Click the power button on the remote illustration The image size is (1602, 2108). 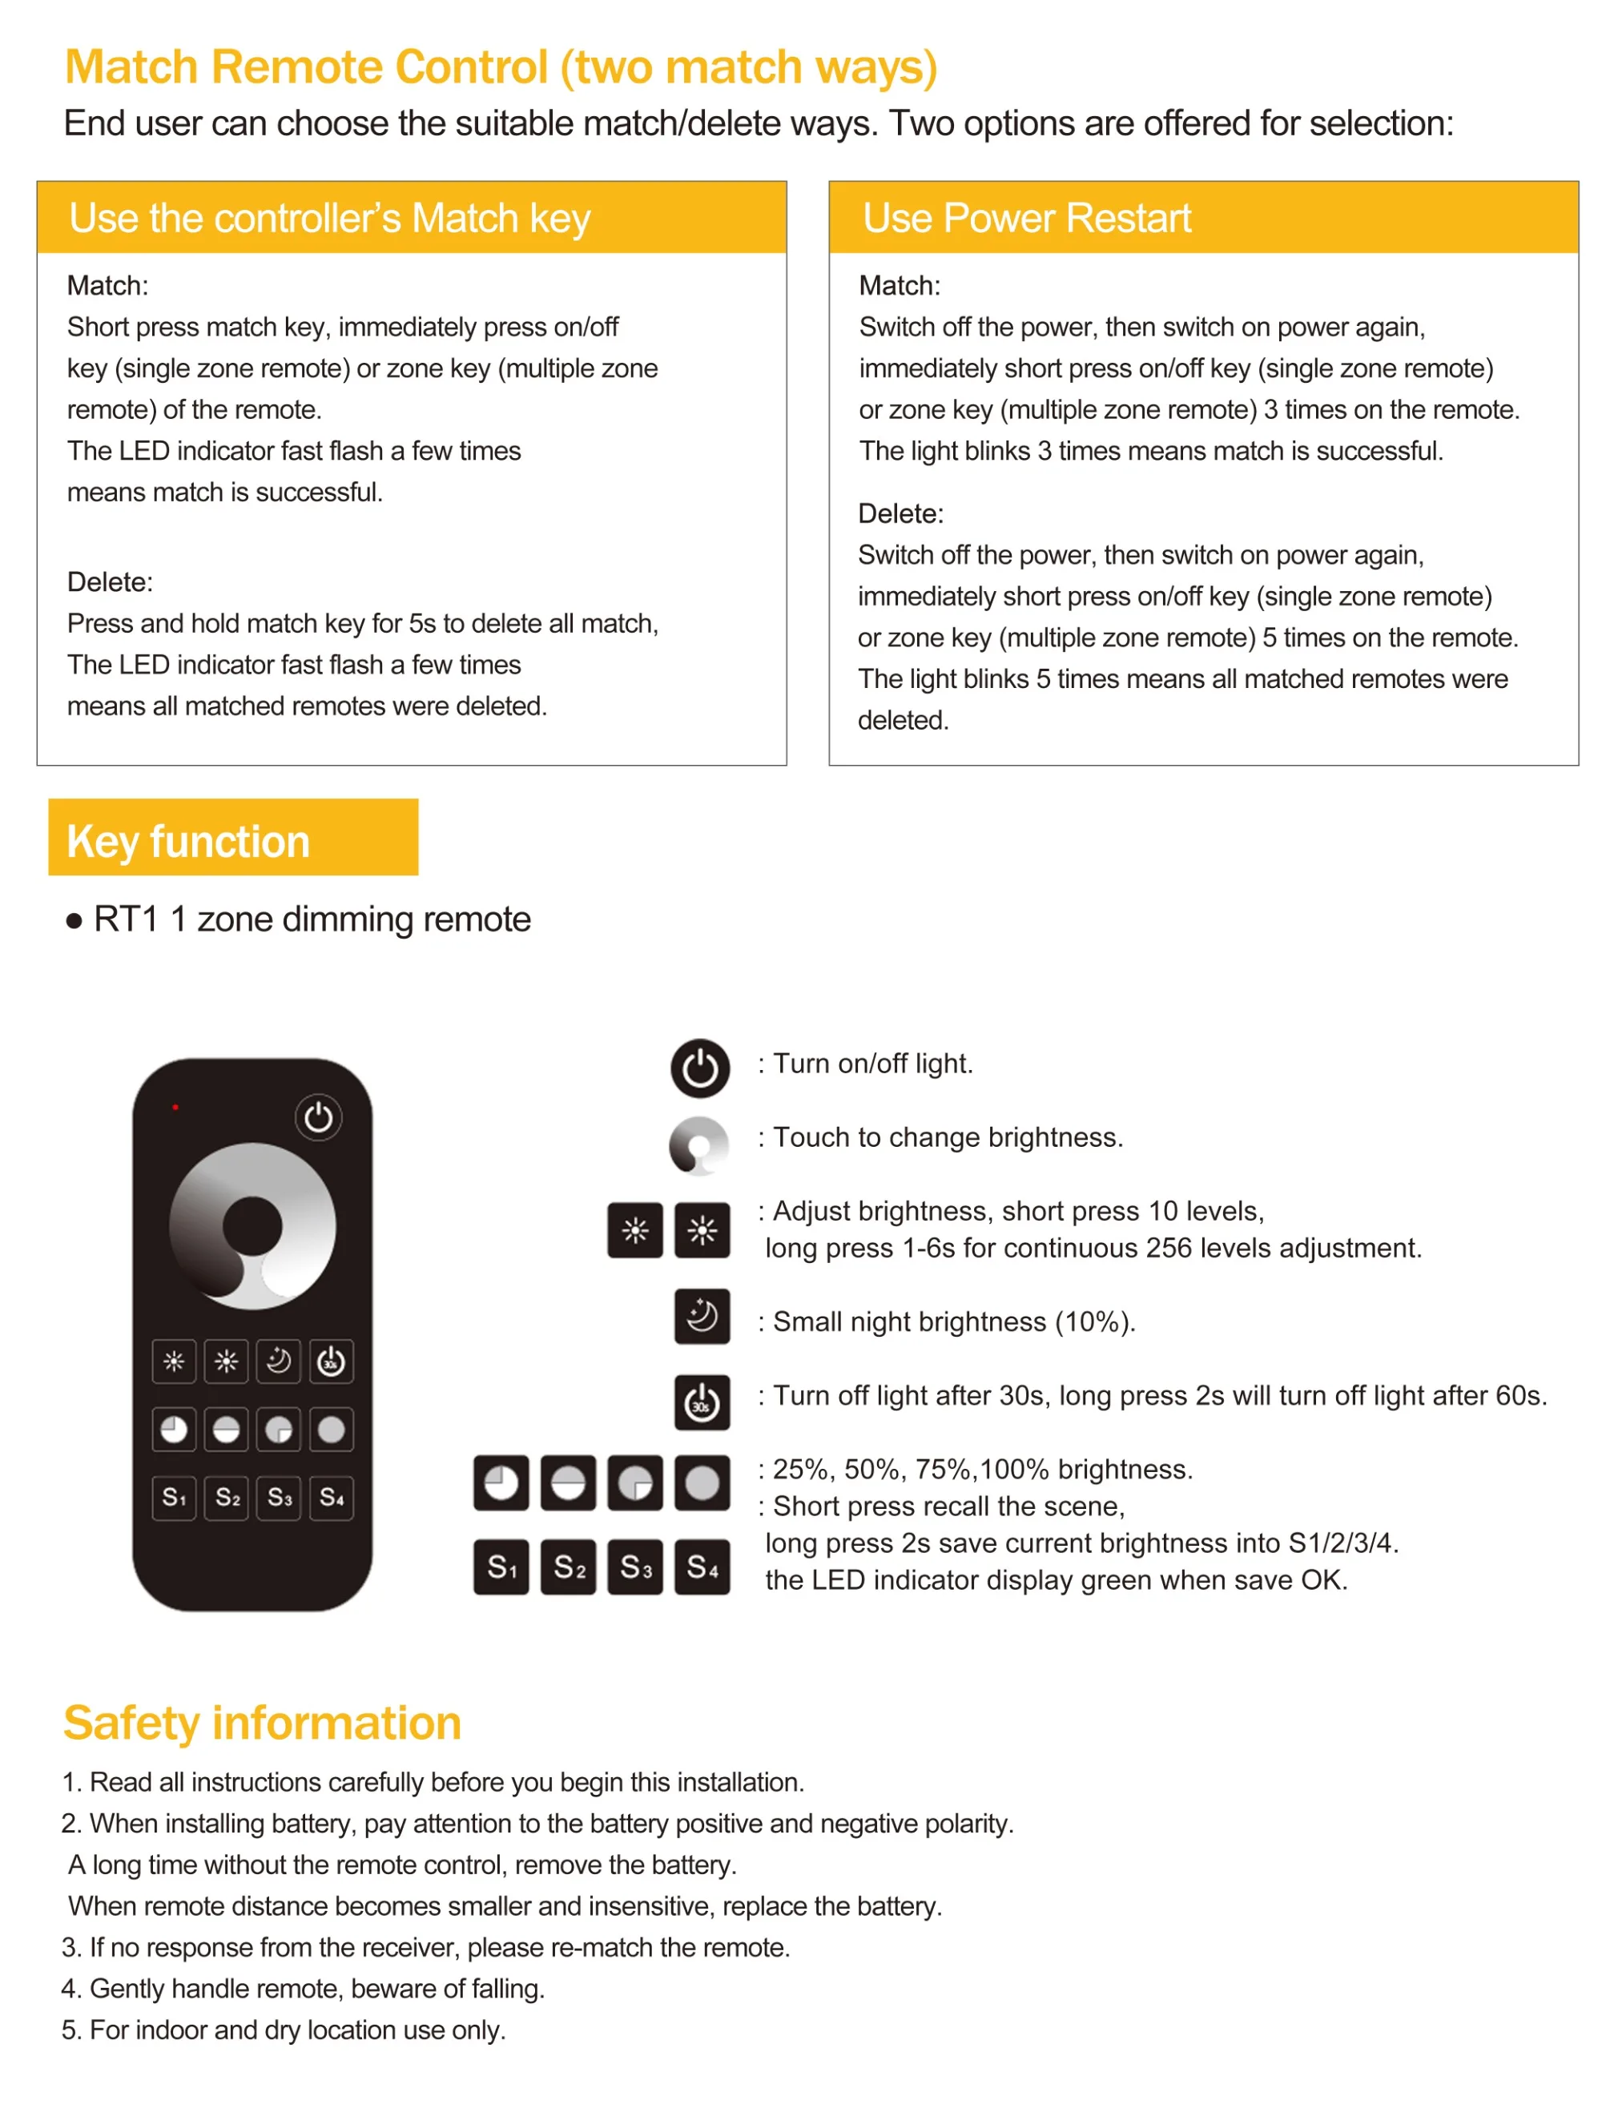pos(319,1117)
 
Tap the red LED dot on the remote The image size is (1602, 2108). pos(175,1108)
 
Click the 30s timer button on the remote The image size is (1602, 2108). pos(331,1362)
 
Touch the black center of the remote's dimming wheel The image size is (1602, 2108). pos(252,1226)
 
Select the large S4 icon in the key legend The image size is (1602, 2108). pos(702,1567)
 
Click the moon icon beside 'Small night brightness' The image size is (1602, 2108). pos(702,1317)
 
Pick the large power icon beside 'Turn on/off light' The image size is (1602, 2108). pos(701,1068)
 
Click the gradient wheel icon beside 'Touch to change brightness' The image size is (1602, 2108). pos(699,1145)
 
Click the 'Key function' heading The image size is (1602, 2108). pos(189,842)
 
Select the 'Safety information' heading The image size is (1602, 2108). pos(262,1723)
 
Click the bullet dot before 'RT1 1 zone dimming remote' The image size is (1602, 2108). pos(74,922)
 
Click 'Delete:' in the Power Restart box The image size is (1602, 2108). pos(900,514)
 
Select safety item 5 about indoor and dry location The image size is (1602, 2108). pos(284,2030)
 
